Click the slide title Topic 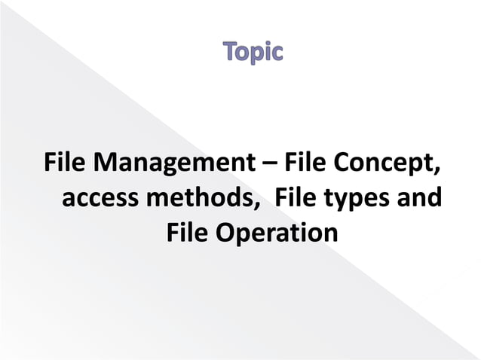253,54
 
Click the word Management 168,163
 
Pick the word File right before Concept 302,162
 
